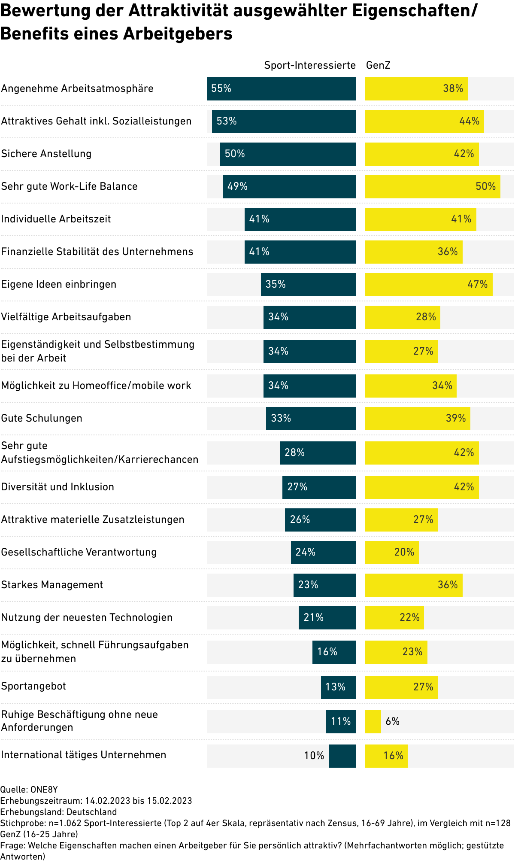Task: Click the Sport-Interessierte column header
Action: [x=310, y=65]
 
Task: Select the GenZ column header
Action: [x=378, y=65]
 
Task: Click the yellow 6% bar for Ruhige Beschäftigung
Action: [x=373, y=722]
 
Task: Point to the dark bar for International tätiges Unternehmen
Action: [x=342, y=756]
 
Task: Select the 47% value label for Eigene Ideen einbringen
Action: [x=477, y=284]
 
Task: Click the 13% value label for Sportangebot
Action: [x=335, y=687]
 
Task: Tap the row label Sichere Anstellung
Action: [x=46, y=154]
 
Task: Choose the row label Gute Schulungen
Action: [x=42, y=418]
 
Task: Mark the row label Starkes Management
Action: [x=52, y=585]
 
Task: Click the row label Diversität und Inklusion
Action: [x=58, y=487]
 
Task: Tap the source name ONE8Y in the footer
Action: [x=44, y=790]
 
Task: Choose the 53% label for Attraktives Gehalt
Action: [x=227, y=121]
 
